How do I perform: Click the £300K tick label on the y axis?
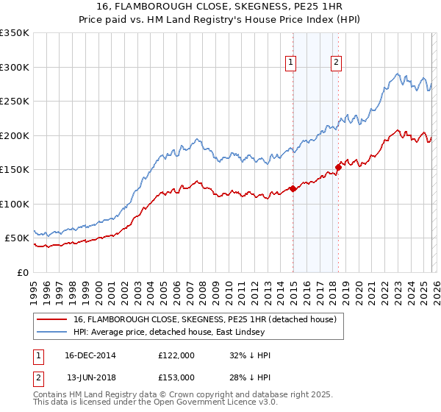(15, 67)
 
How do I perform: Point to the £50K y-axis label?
(17, 238)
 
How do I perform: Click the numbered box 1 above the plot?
(291, 63)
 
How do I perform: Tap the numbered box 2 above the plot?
(336, 63)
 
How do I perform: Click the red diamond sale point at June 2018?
(338, 168)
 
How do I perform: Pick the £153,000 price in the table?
(176, 377)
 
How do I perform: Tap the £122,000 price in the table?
(176, 355)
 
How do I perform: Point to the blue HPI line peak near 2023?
(397, 74)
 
